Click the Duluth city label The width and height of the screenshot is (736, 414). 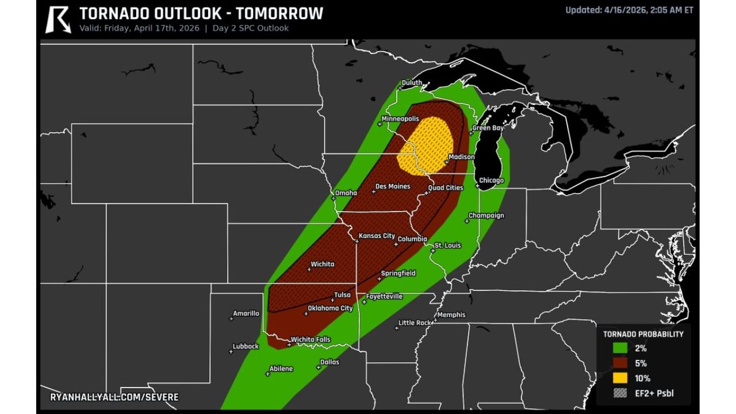[411, 83]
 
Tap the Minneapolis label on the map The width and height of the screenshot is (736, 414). [400, 118]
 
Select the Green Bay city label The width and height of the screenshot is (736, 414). [488, 128]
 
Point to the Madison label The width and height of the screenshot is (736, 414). [461, 157]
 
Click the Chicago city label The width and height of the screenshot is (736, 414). [492, 181]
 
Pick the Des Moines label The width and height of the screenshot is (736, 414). [393, 186]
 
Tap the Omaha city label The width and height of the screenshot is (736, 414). [346, 193]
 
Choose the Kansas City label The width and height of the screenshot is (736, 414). [377, 236]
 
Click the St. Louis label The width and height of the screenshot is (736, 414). [447, 246]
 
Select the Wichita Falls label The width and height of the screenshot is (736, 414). [310, 339]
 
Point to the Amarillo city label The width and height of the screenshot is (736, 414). [246, 313]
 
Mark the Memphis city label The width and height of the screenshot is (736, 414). [451, 315]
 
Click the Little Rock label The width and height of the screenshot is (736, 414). [415, 323]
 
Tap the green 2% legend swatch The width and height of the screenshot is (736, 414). [620, 348]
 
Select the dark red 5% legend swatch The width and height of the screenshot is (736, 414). [620, 363]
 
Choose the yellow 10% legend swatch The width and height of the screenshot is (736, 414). [620, 378]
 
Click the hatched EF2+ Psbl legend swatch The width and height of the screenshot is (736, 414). [620, 393]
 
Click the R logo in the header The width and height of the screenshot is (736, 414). [57, 19]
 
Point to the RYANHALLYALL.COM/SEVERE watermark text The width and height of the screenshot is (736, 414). [114, 397]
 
